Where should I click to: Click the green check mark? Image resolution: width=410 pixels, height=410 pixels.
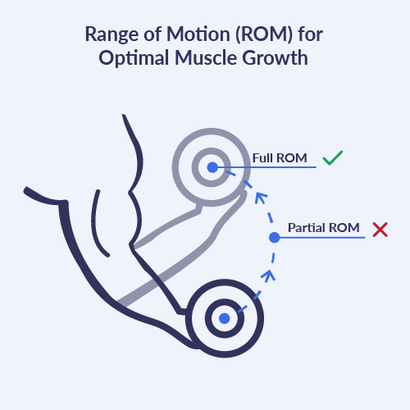[x=333, y=158]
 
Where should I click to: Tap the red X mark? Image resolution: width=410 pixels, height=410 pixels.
[x=380, y=230]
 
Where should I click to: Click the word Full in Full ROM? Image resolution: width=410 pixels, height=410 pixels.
[x=262, y=158]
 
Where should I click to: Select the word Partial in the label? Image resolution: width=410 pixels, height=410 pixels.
[x=307, y=228]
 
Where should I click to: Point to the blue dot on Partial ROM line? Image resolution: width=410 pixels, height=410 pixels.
[x=275, y=238]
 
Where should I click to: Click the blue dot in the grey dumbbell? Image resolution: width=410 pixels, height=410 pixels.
[x=212, y=167]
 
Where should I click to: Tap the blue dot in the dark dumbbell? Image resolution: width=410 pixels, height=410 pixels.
[x=225, y=318]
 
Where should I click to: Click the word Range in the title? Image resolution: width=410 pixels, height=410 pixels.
[x=112, y=34]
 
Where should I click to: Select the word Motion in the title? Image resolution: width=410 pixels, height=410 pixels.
[x=198, y=34]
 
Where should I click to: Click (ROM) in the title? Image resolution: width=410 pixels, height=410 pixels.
[x=264, y=34]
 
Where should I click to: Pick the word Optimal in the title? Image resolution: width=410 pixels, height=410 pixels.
[x=134, y=58]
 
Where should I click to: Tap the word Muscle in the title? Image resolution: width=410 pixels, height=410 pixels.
[x=206, y=58]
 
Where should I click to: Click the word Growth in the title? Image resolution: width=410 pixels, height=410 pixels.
[x=276, y=58]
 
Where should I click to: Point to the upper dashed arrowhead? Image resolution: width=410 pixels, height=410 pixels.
[x=261, y=198]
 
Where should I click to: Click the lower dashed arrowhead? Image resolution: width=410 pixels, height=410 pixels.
[x=268, y=276]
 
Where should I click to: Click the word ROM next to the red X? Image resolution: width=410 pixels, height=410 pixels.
[x=344, y=228]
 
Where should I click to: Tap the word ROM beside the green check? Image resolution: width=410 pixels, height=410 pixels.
[x=292, y=158]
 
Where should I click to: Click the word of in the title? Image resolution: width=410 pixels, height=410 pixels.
[x=153, y=34]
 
